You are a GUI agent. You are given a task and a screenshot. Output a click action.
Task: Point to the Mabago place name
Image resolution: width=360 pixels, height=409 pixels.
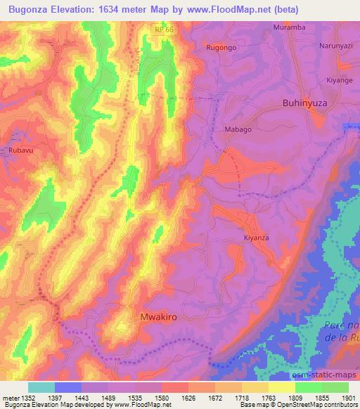(237, 130)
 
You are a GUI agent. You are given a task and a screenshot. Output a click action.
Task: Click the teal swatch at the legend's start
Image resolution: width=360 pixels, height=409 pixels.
(41, 387)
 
